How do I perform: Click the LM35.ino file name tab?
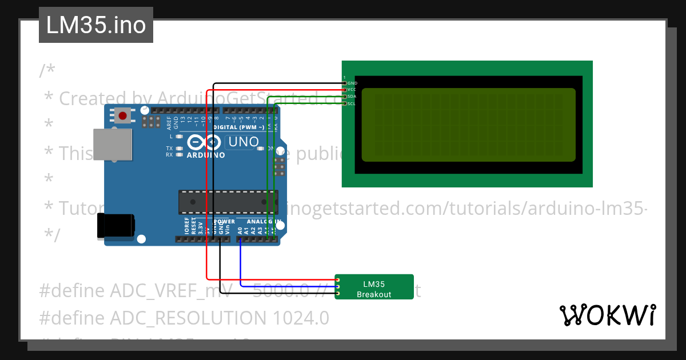click(95, 25)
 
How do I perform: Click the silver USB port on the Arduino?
click(112, 144)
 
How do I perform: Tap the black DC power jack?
click(115, 225)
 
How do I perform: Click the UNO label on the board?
click(244, 141)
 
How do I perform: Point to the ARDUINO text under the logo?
click(205, 155)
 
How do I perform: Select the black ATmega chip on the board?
click(226, 201)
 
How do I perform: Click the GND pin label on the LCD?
click(353, 83)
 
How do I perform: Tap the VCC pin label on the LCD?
click(352, 90)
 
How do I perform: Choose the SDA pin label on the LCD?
click(352, 97)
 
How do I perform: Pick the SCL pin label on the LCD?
click(352, 104)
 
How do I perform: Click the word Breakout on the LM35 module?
click(374, 295)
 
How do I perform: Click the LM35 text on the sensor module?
click(374, 284)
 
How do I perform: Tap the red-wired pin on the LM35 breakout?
click(338, 280)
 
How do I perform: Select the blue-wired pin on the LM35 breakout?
click(338, 287)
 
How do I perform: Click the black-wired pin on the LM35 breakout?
click(338, 294)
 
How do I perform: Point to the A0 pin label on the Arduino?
click(240, 231)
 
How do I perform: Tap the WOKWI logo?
click(607, 315)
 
